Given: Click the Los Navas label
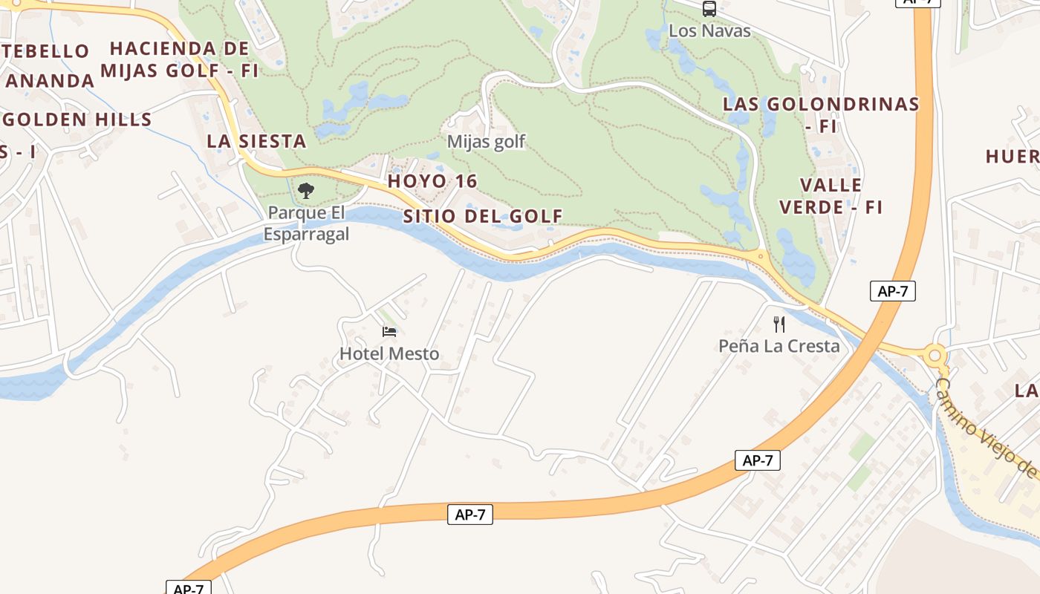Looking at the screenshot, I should coord(709,30).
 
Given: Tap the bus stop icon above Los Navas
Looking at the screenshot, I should coord(709,9).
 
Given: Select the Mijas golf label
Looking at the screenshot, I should coord(486,141).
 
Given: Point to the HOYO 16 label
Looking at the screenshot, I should coord(432,181).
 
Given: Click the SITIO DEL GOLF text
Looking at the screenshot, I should coord(483,216).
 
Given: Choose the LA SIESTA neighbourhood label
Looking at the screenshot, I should coord(256,141).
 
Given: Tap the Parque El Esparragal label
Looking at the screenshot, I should coord(306,223).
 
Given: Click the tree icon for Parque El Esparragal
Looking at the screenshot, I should coord(305,191).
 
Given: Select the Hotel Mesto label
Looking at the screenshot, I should coord(389,353).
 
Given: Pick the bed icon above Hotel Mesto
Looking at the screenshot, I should coord(389,331).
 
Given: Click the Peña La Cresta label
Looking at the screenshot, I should coord(779,345).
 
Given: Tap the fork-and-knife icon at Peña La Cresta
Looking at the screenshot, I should coord(779,324).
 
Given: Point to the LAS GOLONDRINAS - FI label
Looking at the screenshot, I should coord(821,114).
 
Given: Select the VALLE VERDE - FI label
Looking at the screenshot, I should coord(831,196).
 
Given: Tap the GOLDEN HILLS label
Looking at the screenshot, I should coord(78,120).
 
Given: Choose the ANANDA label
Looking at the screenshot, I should coord(51,80).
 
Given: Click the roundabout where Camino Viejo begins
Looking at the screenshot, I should coord(935,355).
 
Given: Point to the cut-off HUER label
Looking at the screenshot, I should coord(1012,156).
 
